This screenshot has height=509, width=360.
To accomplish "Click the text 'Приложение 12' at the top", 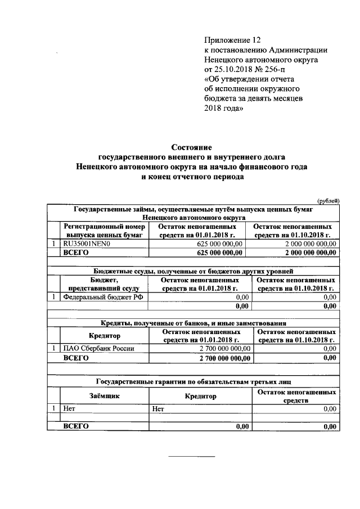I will click(233, 40).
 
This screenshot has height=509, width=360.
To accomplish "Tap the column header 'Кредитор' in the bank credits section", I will click(105, 336).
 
